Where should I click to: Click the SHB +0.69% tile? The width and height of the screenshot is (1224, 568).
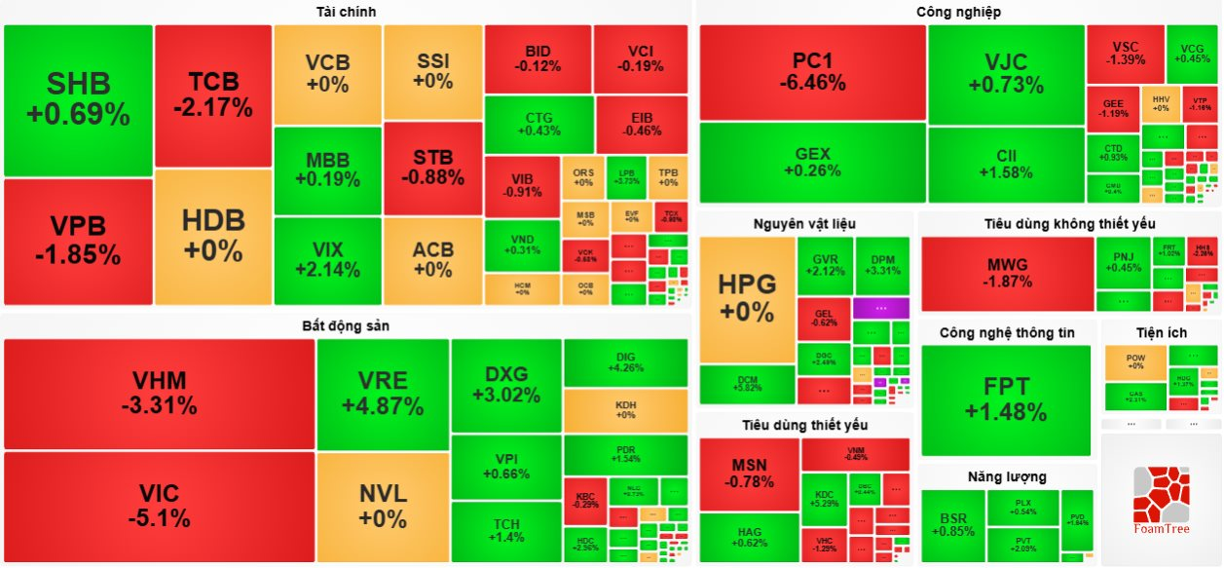click(78, 99)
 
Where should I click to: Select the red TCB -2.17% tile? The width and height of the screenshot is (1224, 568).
click(213, 95)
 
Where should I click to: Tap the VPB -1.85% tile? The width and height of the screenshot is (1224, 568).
click(78, 241)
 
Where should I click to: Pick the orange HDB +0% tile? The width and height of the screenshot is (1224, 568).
click(213, 237)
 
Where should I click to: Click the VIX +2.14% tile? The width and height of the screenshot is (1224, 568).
click(327, 260)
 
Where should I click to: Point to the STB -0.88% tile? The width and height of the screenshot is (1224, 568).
click(432, 168)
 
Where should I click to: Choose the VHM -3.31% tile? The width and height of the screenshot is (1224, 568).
click(160, 393)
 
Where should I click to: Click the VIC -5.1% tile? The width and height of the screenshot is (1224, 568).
click(160, 506)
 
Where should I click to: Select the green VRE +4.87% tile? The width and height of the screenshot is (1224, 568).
click(383, 393)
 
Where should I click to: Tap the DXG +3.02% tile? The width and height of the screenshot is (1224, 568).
click(505, 385)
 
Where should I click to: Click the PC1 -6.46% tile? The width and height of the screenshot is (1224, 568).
click(812, 72)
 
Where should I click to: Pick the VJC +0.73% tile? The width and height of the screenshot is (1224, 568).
click(1006, 74)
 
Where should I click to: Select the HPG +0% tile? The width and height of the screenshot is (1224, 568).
click(747, 298)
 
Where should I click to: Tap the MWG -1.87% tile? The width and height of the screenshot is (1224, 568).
click(1007, 273)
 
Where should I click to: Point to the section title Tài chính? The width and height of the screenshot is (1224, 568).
click(346, 12)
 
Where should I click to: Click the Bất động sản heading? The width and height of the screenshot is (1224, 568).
click(346, 325)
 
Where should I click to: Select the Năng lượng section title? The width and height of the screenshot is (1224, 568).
click(1007, 476)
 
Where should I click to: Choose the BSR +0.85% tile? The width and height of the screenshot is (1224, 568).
click(952, 525)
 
